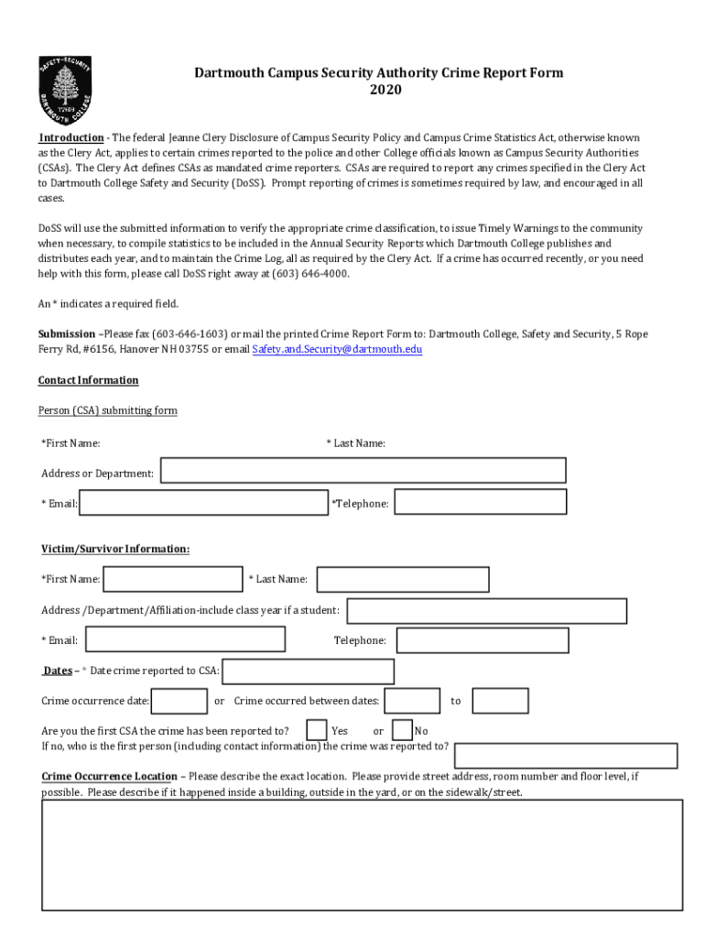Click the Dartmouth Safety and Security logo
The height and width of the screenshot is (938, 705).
65,93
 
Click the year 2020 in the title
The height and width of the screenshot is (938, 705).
385,90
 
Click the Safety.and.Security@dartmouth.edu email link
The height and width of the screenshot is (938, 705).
337,350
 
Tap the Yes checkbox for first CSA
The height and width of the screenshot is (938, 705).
317,730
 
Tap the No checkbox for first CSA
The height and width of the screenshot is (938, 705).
402,730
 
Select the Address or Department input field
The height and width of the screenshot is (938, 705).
363,471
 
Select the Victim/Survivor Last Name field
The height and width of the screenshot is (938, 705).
403,579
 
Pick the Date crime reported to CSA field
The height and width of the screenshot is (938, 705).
309,671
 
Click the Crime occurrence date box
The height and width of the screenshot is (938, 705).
179,701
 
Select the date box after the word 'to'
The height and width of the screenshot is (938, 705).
500,701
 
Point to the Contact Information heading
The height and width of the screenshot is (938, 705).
88,380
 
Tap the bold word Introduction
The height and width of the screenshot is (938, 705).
70,137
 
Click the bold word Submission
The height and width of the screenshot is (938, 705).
66,334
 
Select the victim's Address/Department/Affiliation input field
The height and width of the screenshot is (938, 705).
486,611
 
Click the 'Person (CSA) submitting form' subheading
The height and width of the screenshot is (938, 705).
107,410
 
